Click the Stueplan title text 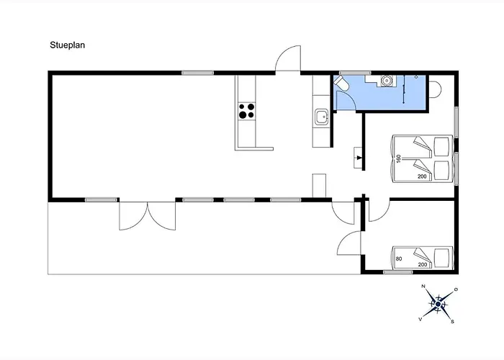point(68,45)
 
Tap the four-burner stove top point(246,111)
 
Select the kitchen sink point(321,117)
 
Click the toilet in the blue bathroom point(341,84)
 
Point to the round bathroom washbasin point(386,81)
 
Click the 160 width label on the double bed point(399,158)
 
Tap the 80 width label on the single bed point(399,258)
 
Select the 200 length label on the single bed point(423,264)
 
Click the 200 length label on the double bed point(422,176)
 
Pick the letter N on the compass point(423,286)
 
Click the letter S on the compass point(453,321)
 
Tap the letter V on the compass point(420,319)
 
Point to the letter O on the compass point(456,289)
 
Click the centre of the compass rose point(438,304)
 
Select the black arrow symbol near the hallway point(359,158)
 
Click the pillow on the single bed point(441,258)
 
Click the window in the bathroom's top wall point(355,73)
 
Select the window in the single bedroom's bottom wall point(397,272)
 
